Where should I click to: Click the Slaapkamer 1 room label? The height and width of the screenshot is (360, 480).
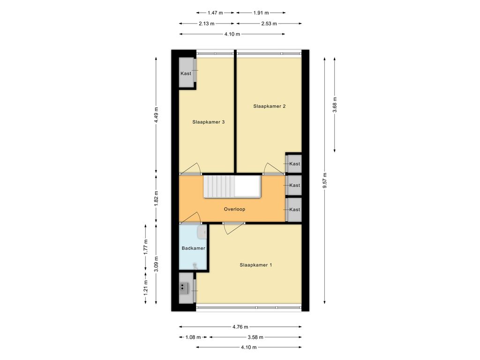(255, 265)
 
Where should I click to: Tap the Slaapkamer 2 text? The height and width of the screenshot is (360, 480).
(270, 106)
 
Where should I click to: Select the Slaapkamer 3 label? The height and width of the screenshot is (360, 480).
(209, 122)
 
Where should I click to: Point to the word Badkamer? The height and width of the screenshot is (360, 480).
(193, 248)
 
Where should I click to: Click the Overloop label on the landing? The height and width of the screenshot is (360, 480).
(234, 210)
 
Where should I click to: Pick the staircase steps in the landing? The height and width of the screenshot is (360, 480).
(219, 186)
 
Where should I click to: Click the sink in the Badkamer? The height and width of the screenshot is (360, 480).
(202, 232)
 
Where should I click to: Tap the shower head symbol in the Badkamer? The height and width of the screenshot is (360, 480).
(195, 266)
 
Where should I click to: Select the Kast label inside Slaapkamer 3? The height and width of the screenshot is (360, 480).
(186, 74)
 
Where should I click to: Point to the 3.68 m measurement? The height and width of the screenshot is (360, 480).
(335, 105)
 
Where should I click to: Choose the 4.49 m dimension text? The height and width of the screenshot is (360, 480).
(156, 115)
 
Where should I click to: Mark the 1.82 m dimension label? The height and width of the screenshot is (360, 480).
(156, 198)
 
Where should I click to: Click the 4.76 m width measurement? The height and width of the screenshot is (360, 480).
(240, 327)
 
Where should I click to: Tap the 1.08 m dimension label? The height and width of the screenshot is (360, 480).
(193, 337)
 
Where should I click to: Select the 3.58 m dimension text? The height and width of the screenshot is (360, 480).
(255, 337)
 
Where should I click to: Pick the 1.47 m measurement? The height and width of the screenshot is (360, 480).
(215, 13)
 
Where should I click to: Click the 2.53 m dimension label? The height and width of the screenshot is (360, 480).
(269, 23)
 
